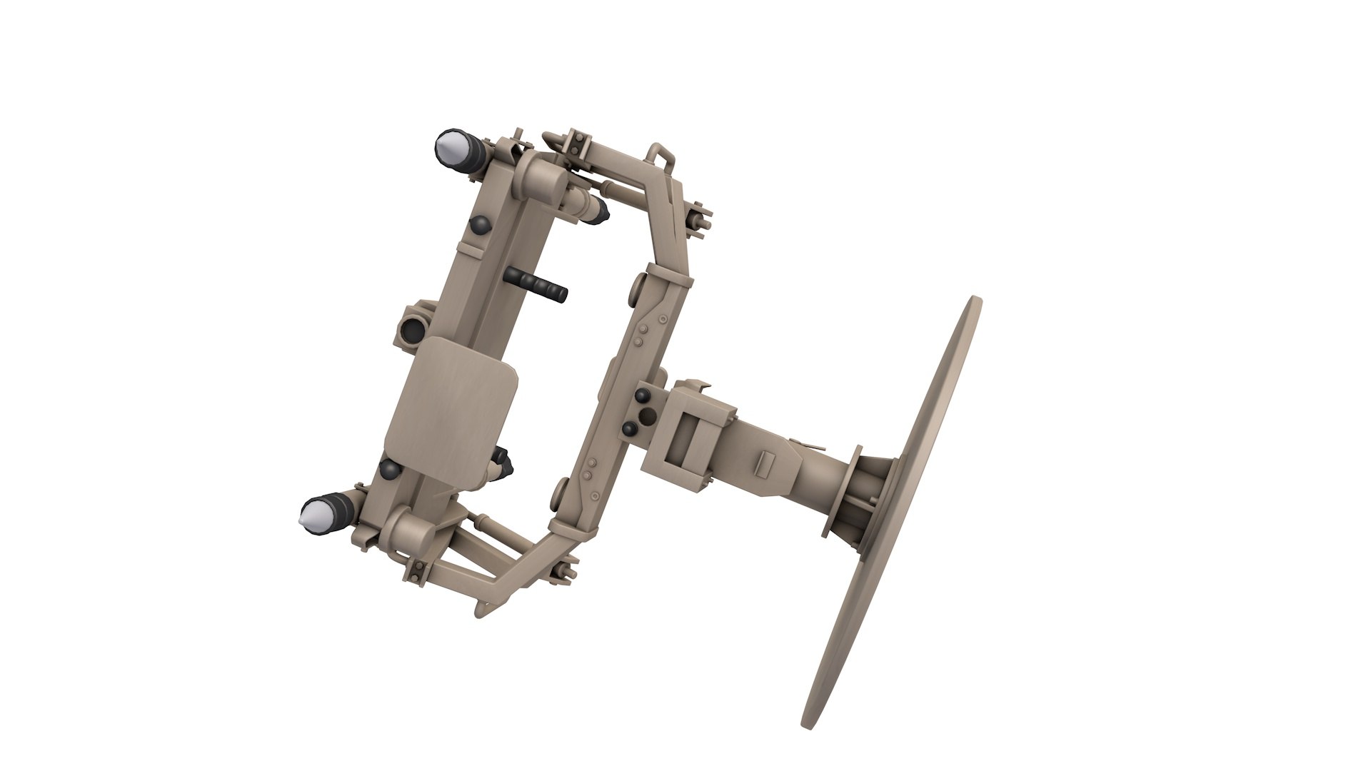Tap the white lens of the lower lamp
tap(314, 515)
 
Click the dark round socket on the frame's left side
tap(412, 328)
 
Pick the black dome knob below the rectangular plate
tap(391, 468)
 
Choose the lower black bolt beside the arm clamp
tap(630, 429)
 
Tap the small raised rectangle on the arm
tap(764, 465)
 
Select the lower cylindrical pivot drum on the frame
tap(408, 532)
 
